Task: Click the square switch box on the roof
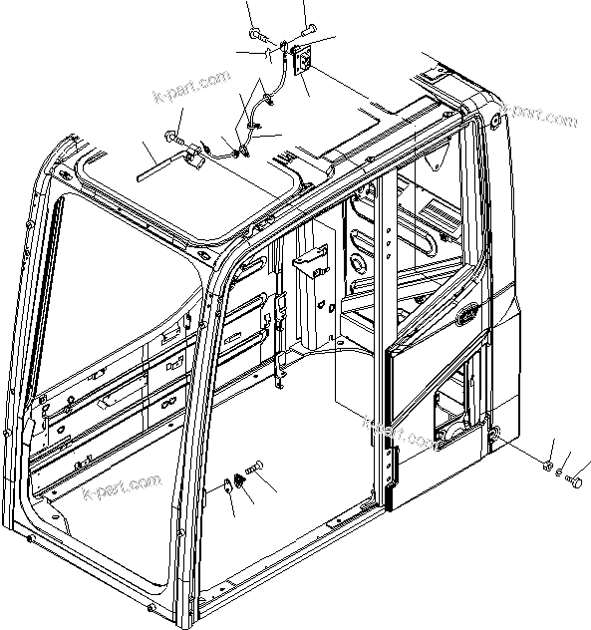300,60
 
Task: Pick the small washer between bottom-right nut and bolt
560,472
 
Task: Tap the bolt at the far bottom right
575,482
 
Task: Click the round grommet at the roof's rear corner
494,121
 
